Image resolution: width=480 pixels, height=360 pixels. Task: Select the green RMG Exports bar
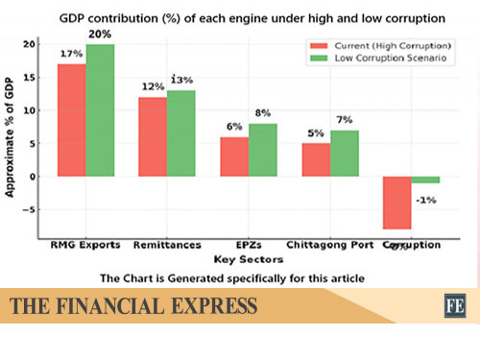pyautogui.click(x=99, y=110)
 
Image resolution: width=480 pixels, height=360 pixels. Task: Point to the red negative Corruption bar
pyautogui.click(x=396, y=203)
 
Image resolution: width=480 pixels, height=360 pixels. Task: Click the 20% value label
pyautogui.click(x=100, y=35)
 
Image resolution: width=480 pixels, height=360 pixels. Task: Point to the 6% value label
pyautogui.click(x=233, y=127)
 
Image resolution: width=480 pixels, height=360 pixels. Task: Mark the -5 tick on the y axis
pyautogui.click(x=32, y=209)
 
